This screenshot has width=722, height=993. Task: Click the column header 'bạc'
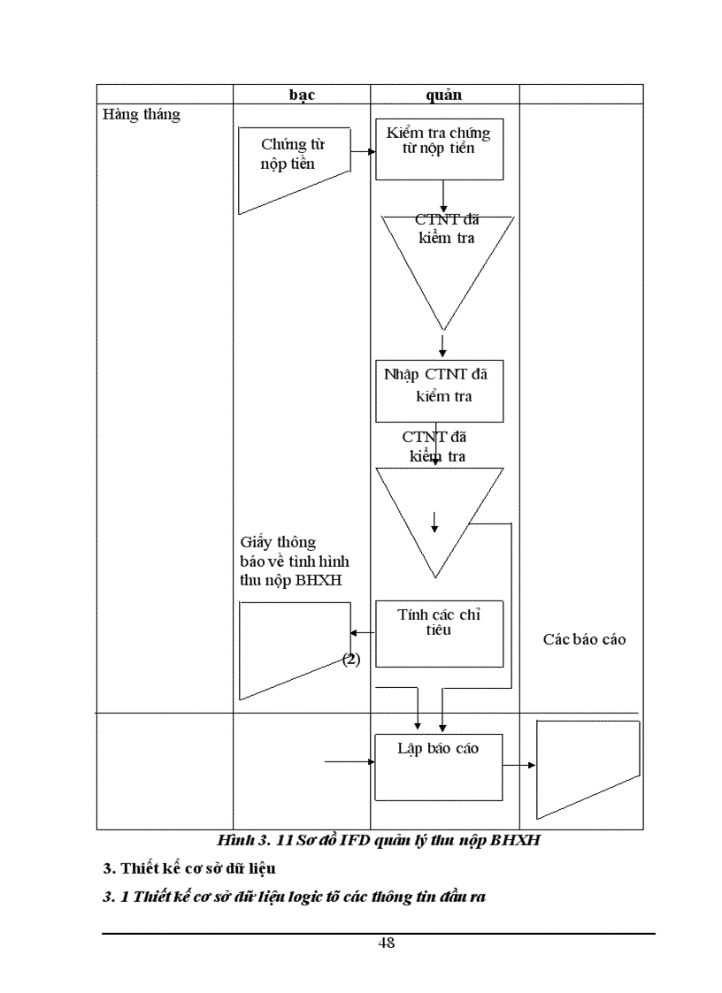point(302,95)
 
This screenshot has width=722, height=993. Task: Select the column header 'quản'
point(444,95)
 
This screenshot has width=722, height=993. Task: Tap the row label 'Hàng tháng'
point(142,115)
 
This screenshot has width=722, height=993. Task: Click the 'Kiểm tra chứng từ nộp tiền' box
point(439,149)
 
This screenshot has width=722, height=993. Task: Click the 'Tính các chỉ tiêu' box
point(439,633)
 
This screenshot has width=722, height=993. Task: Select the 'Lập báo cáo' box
point(439,766)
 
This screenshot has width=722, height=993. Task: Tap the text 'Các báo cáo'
point(584,638)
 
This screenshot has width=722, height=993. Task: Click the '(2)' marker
point(351,659)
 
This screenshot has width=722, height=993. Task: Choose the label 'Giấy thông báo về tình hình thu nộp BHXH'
point(295,561)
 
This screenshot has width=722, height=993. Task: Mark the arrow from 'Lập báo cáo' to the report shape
point(520,766)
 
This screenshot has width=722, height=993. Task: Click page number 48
point(386,943)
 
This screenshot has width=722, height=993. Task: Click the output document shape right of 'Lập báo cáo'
point(588,768)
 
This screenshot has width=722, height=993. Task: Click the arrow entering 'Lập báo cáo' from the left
point(350,761)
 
